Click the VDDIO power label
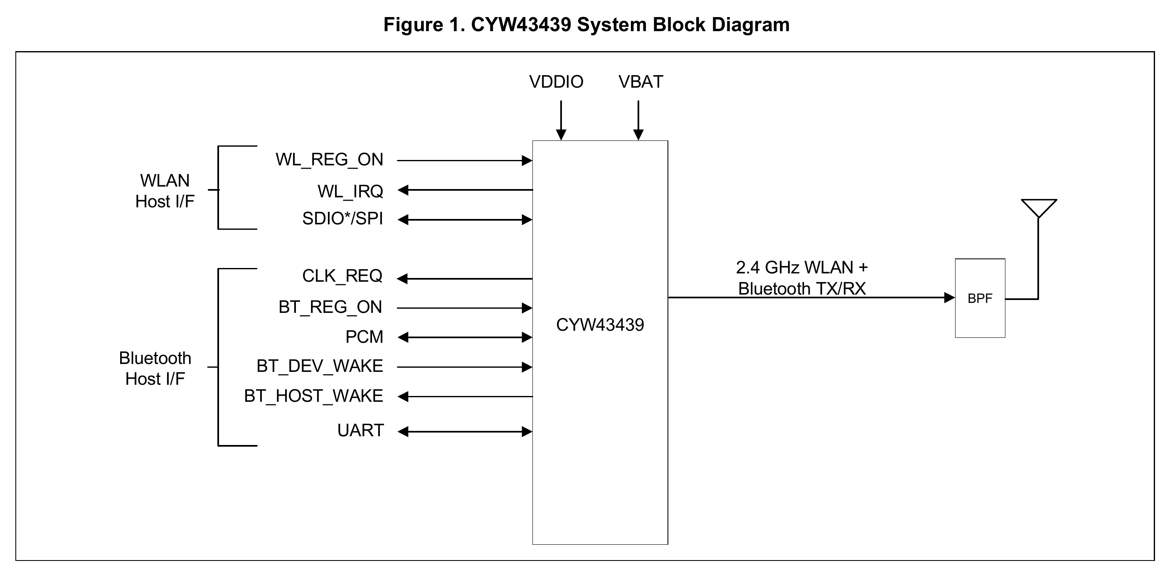pos(556,82)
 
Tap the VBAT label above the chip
pos(640,82)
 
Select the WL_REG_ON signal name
pos(329,160)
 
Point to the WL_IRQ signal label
pos(350,191)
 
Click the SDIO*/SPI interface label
pos(342,219)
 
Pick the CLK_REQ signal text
pos(342,276)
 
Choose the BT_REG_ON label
pos(330,307)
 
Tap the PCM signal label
pos(364,337)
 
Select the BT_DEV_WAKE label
pos(319,366)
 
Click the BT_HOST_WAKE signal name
pos(313,396)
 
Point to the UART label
pos(360,430)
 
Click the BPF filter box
pos(980,298)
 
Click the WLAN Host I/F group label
pos(165,191)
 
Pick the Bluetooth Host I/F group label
pos(155,368)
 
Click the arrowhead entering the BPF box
pos(949,297)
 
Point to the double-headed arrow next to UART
pos(465,432)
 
